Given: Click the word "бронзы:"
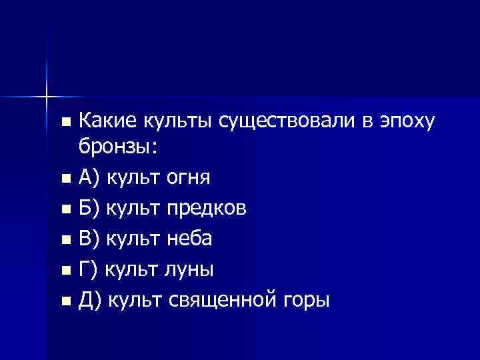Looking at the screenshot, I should (117, 147).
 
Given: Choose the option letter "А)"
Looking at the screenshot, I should (89, 178).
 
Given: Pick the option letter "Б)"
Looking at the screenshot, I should (89, 209).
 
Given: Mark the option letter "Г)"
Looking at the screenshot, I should (89, 270).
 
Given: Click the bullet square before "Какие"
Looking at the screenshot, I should (64, 122).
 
